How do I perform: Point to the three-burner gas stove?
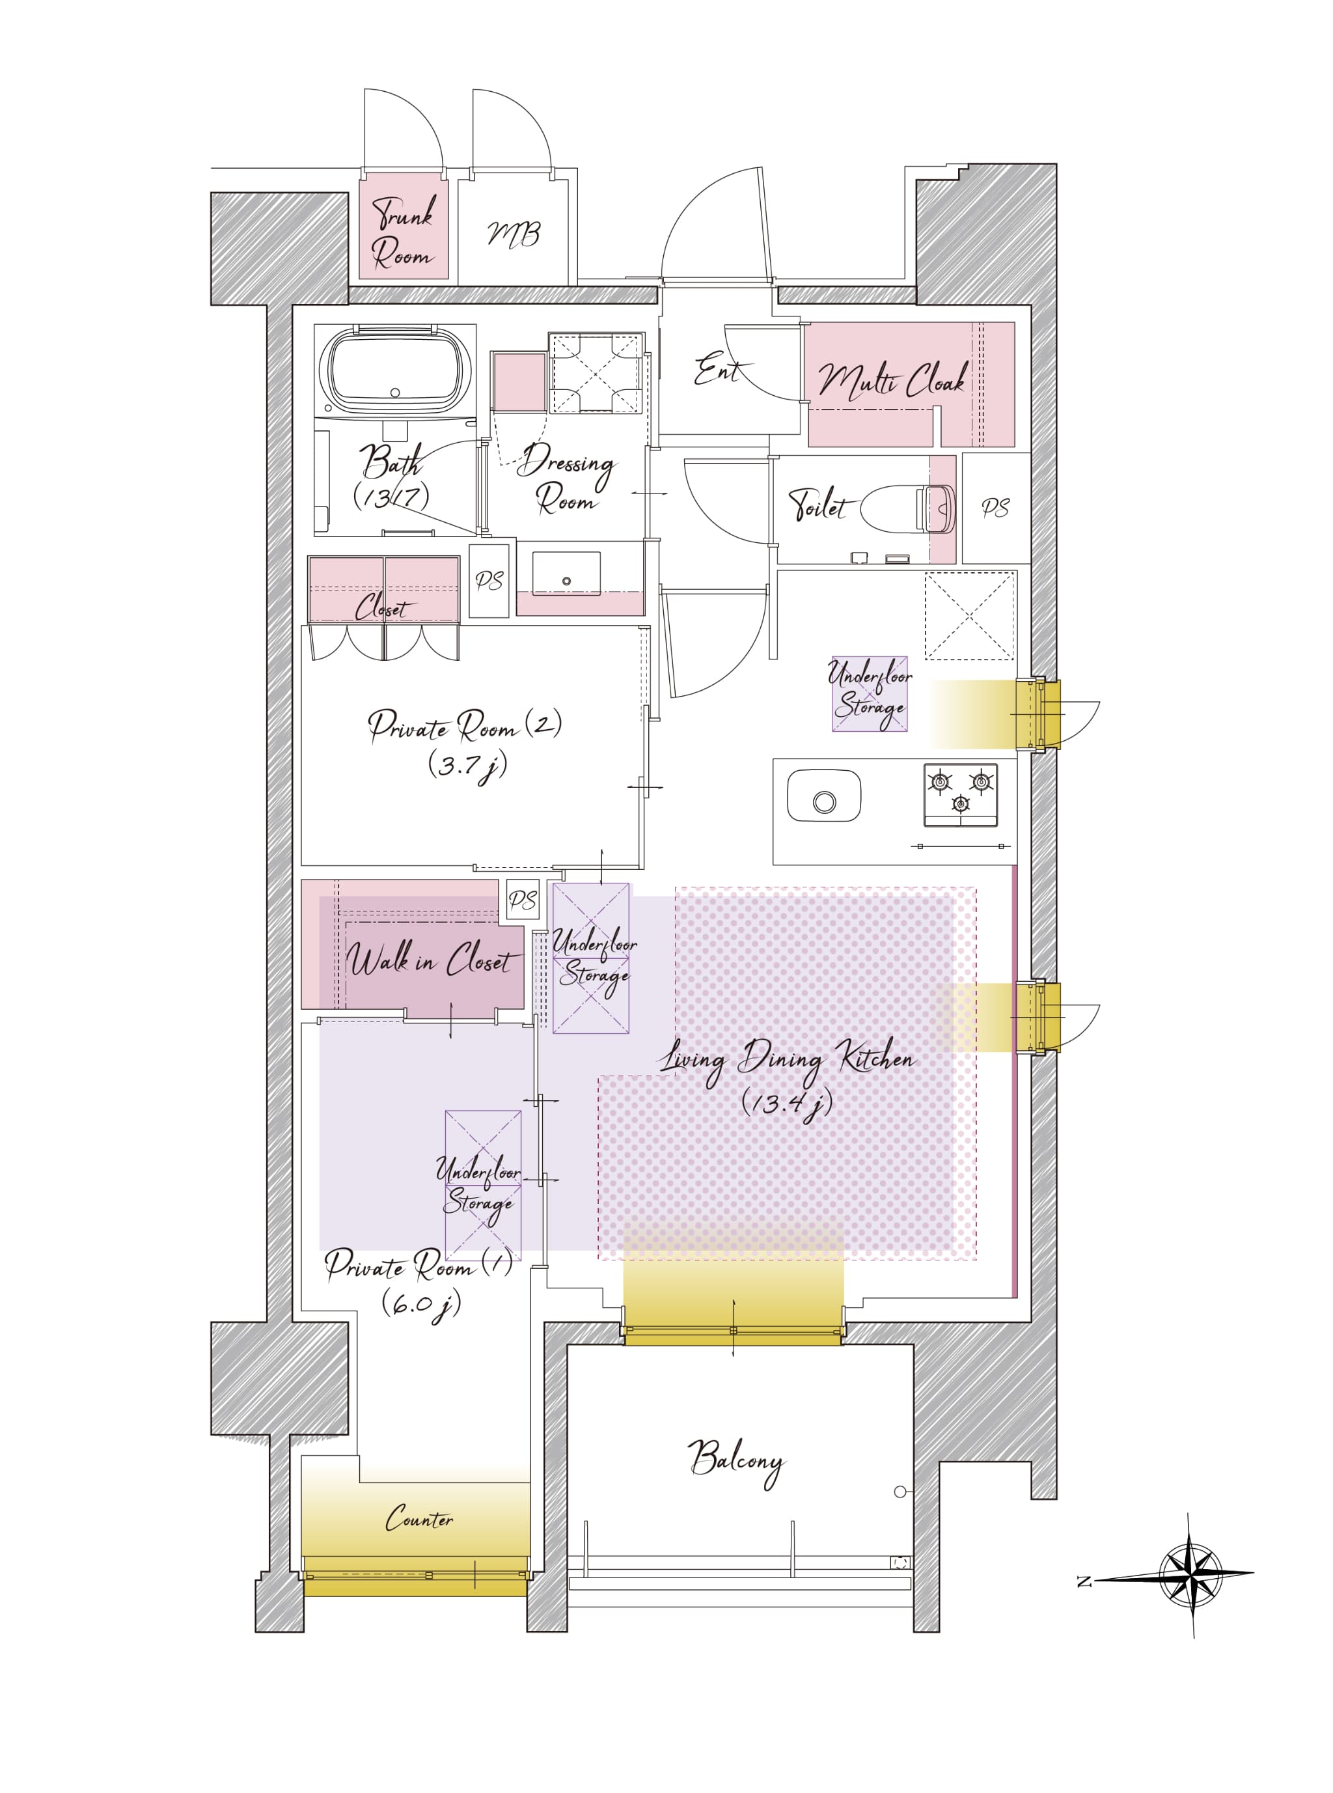point(960,795)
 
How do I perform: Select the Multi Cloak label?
point(892,380)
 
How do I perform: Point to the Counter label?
point(419,1519)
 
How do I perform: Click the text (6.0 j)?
point(421,1303)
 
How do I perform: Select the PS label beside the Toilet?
point(996,508)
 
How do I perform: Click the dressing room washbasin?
point(566,574)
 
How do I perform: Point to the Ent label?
point(717,370)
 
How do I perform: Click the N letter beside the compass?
point(1084,1581)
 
